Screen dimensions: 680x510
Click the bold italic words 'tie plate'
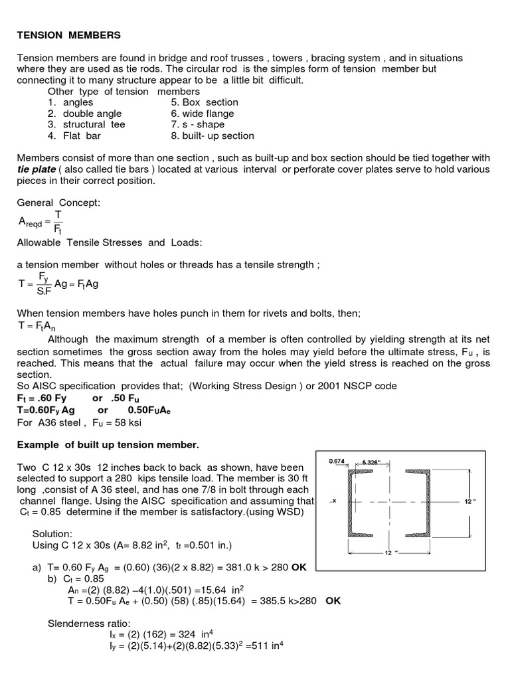tap(37, 169)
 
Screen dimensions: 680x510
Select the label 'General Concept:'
tap(58, 203)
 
